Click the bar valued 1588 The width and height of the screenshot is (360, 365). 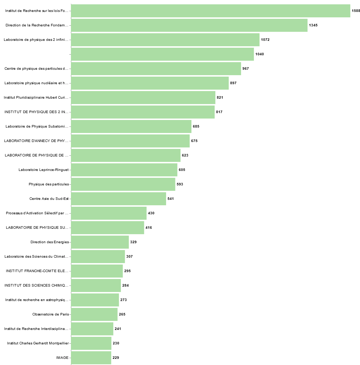pos(211,11)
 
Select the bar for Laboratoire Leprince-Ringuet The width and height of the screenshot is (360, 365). pos(124,170)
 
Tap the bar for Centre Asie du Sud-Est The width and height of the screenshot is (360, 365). pos(118,199)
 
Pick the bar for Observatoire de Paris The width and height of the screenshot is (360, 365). pos(94,314)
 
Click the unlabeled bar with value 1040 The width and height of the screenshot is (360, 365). pos(162,54)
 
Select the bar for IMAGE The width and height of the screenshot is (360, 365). pos(91,358)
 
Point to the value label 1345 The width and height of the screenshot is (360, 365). pos(313,25)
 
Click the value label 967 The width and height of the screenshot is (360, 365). pos(246,69)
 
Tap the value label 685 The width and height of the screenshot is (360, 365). pos(196,126)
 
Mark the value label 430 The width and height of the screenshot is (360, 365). pos(151,213)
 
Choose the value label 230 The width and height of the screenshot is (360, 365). pos(116,343)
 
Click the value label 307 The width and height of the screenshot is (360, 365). pos(129,257)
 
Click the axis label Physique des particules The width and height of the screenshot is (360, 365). pos(49,184)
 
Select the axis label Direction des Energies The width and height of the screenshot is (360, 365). pos(50,242)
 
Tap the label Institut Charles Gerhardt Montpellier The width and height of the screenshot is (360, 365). pos(38,343)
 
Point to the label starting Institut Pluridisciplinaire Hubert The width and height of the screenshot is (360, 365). pos(36,98)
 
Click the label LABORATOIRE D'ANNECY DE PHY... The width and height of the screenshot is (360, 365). pos(36,141)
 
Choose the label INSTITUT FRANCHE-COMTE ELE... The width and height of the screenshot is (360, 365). pos(37,271)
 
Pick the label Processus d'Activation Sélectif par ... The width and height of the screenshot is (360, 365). pos(37,213)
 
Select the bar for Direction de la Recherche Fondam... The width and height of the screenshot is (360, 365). pos(189,25)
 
